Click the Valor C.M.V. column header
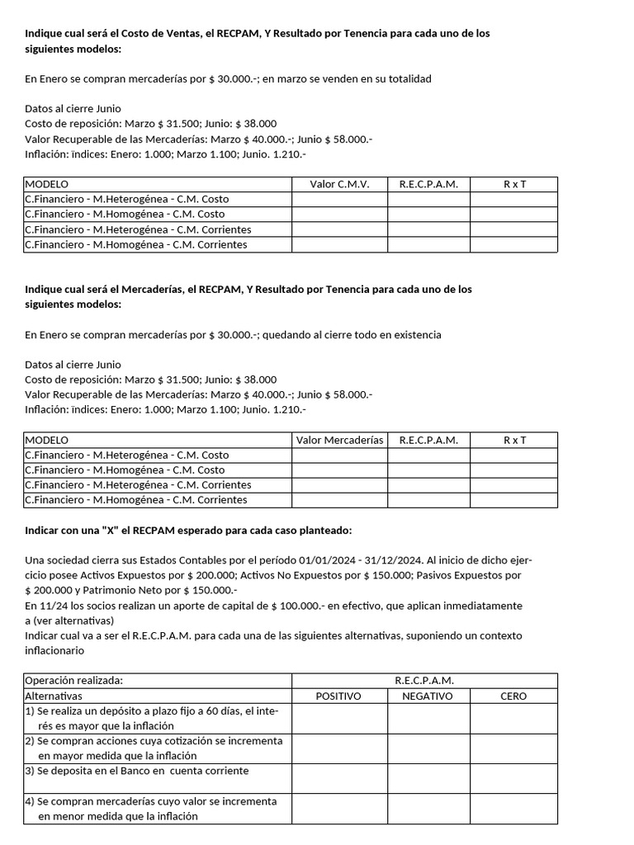point(339,184)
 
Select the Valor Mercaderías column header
point(339,440)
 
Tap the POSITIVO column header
point(339,696)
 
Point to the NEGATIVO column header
point(428,696)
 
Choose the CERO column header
point(513,696)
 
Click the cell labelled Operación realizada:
point(74,681)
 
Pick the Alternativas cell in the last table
point(54,696)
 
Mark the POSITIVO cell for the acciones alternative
point(339,748)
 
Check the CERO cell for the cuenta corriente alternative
point(513,778)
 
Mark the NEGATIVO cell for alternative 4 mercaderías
point(428,809)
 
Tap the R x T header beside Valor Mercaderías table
point(513,440)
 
